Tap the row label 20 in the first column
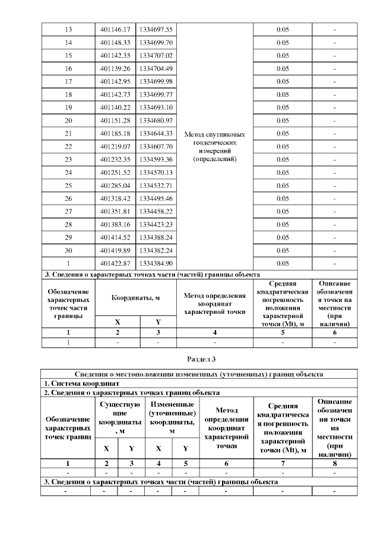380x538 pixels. click(68, 120)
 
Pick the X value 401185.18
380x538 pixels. click(115, 133)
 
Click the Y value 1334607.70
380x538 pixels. click(156, 146)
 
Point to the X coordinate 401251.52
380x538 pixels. click(115, 172)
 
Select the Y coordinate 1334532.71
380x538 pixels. click(156, 185)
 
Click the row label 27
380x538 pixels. click(68, 211)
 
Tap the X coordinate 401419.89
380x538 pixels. click(115, 250)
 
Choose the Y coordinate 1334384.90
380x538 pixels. click(156, 263)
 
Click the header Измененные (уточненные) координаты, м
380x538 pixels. click(172, 417)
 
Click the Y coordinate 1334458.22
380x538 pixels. click(156, 211)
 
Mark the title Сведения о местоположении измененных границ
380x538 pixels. click(199, 375)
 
